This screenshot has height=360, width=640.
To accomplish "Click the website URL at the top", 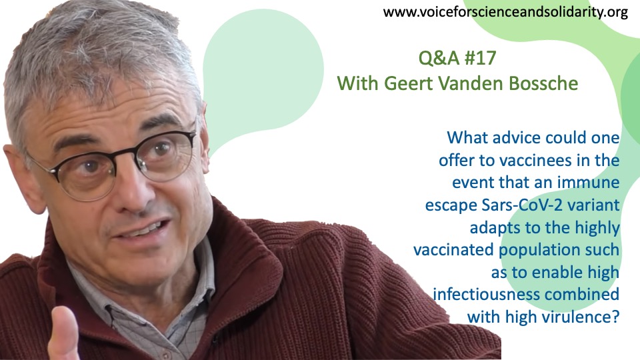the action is pos(505,12).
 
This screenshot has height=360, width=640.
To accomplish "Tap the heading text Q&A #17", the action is pos(457,58).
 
